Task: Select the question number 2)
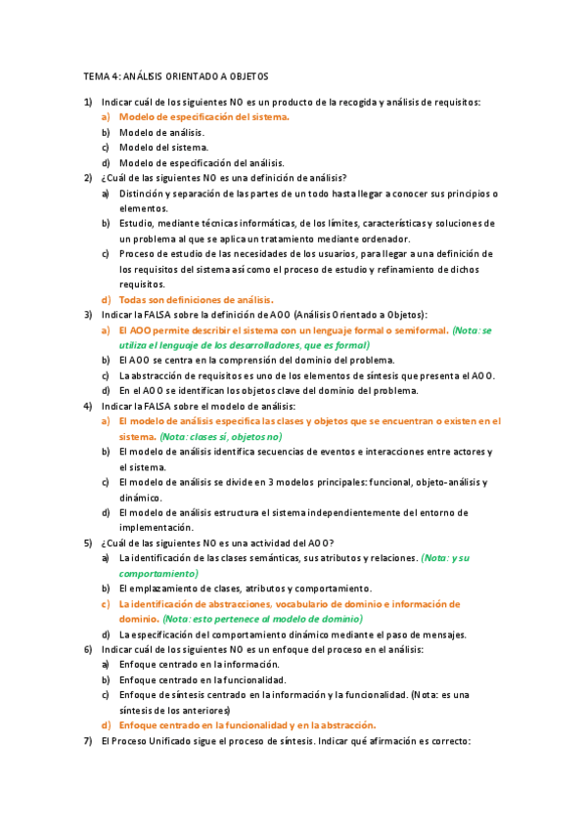tap(88, 178)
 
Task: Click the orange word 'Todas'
tap(134, 299)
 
